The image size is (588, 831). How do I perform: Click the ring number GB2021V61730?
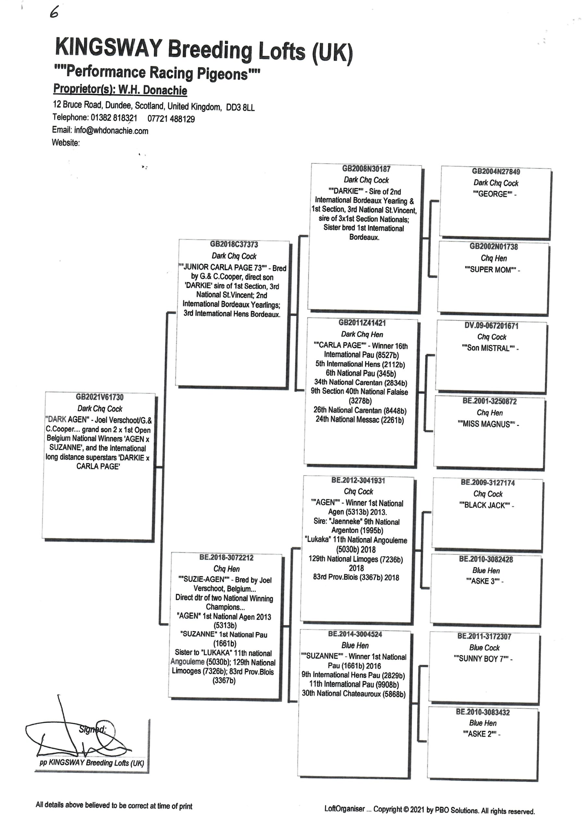tap(100, 397)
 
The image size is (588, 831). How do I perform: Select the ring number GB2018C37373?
tap(234, 244)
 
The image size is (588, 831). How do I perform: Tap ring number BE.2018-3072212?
tap(226, 557)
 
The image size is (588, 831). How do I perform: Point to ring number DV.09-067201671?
tap(491, 326)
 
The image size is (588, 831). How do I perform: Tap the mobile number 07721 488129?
tap(171, 119)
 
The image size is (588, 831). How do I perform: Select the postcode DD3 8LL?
tap(240, 107)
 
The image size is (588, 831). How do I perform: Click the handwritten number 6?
tap(54, 13)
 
